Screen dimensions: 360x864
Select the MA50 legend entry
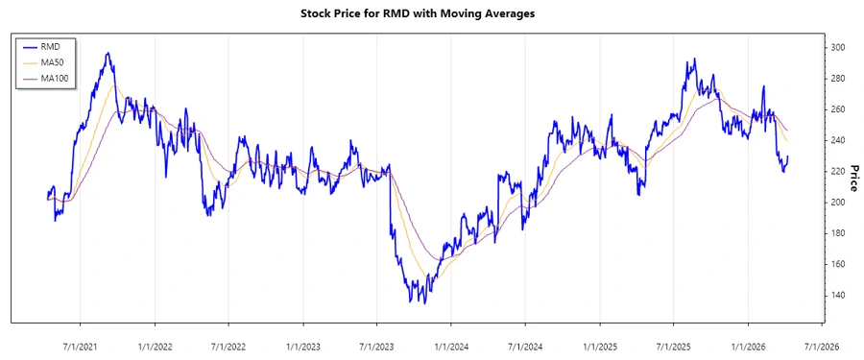click(54, 61)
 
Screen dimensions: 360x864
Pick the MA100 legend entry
click(56, 78)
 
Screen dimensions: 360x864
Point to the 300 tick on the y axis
click(837, 48)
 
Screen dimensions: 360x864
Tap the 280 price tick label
click(837, 79)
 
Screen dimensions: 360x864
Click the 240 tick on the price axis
click(837, 140)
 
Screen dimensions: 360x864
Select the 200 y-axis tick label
click(837, 203)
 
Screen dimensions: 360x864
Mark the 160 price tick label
click(837, 264)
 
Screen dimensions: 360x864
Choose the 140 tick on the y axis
click(837, 295)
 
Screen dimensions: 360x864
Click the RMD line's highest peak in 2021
click(108, 53)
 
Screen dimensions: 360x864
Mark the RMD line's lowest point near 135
click(424, 302)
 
